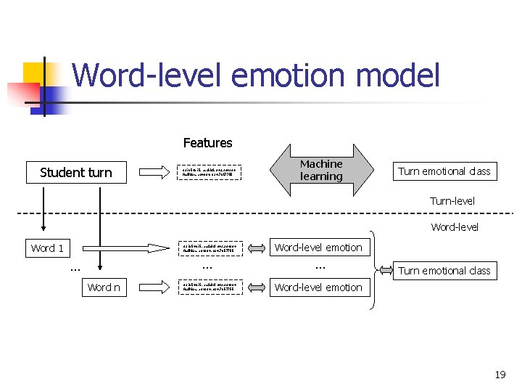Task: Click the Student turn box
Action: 75,172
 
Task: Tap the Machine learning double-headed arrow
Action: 321,170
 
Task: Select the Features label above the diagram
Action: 207,143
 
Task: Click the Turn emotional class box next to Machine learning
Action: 444,171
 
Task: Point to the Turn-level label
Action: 452,201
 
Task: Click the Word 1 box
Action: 47,248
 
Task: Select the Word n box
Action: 104,287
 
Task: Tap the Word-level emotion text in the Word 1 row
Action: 318,248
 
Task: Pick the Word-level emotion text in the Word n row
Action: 318,287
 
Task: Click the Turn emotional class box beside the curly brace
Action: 444,271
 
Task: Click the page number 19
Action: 500,375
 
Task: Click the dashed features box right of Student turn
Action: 210,172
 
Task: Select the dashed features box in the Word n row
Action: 210,287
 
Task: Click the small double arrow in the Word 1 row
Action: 257,248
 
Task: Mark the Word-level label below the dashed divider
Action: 455,227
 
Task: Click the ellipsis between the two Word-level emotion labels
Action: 320,267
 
